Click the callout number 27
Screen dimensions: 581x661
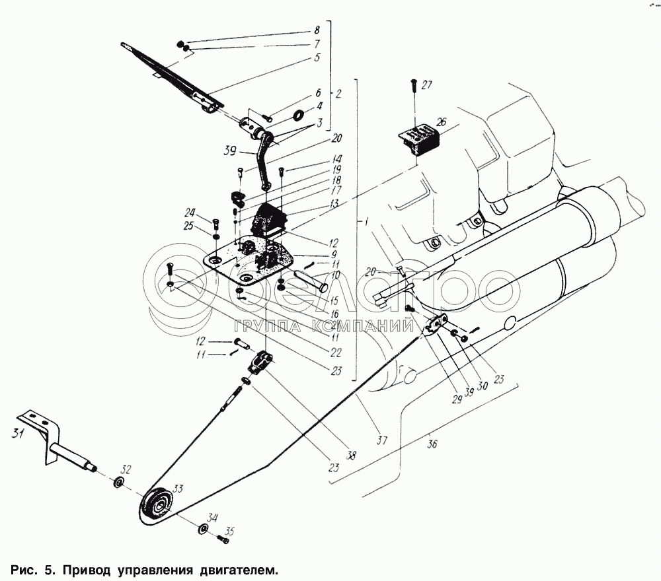coord(427,85)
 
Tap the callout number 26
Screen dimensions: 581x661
coord(441,122)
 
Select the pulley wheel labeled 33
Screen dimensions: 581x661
coord(157,506)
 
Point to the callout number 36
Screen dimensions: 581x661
coord(432,444)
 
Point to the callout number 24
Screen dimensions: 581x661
coord(190,213)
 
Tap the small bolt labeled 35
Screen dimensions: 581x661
coord(223,540)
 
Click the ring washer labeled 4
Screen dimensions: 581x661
coord(298,116)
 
